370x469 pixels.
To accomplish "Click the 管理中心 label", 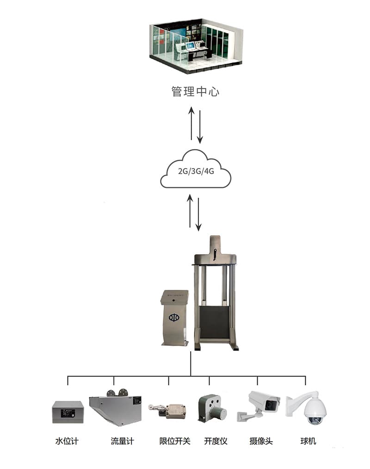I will (x=195, y=91).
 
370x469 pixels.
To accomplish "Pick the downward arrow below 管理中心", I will (x=200, y=126).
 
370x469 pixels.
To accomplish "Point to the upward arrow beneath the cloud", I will (x=190, y=211).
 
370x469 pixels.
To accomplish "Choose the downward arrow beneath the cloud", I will (x=198, y=214).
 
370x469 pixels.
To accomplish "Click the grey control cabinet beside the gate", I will (x=174, y=318).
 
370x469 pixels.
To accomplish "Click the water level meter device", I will (x=68, y=412).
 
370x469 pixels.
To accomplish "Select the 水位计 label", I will (x=67, y=441).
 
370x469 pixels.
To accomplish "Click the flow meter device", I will (x=116, y=408).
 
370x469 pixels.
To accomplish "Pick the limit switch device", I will (x=170, y=409).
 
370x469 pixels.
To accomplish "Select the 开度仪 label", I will (x=216, y=441).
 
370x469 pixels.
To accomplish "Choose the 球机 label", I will (x=308, y=441).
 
